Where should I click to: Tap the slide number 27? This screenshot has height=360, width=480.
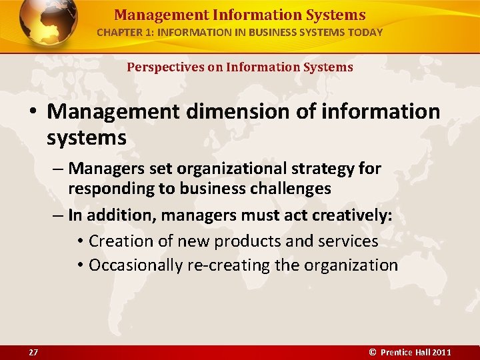tap(33, 352)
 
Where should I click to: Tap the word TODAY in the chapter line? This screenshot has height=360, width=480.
tap(365, 32)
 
